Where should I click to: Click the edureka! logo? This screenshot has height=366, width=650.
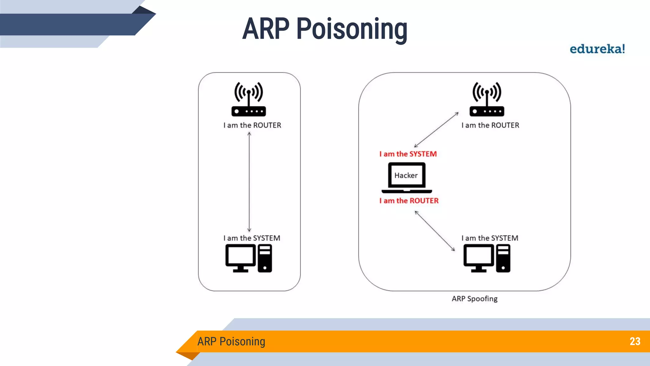tap(597, 49)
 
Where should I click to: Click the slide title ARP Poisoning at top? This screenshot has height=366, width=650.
tap(325, 29)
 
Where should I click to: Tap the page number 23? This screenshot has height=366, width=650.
tap(635, 341)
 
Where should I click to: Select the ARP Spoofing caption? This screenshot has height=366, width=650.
tap(474, 299)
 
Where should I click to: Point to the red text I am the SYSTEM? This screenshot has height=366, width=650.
tap(408, 154)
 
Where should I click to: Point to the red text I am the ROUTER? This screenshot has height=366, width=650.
tap(409, 200)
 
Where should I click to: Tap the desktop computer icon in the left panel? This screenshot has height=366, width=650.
tap(249, 258)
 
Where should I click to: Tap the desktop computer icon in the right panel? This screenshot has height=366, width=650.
tap(487, 258)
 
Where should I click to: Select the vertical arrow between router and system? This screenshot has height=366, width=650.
tap(249, 182)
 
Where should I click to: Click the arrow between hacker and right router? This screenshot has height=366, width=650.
tap(436, 130)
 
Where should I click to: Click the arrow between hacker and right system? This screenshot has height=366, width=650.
tap(435, 231)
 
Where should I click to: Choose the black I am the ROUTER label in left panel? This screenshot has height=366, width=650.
tap(252, 125)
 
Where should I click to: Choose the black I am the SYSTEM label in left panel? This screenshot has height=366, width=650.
tap(252, 238)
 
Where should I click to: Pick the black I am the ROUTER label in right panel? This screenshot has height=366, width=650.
tap(490, 125)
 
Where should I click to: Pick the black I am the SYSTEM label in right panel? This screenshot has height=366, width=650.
tap(490, 238)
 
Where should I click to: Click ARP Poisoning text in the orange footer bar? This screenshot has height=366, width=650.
tap(231, 342)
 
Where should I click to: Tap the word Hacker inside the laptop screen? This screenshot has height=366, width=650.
tap(406, 175)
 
